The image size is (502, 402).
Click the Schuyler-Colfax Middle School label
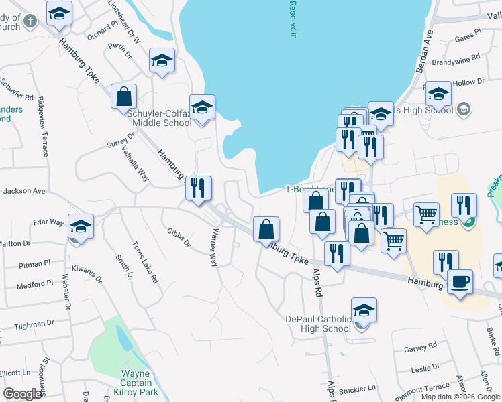159,118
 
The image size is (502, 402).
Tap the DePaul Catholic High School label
318,324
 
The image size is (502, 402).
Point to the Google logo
23,394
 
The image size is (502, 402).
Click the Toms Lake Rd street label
146,263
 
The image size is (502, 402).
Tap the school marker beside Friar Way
81,226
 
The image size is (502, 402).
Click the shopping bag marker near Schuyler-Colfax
123,96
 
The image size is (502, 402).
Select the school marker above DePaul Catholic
364,310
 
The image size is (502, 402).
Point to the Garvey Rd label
421,347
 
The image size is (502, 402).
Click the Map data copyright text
460,397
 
